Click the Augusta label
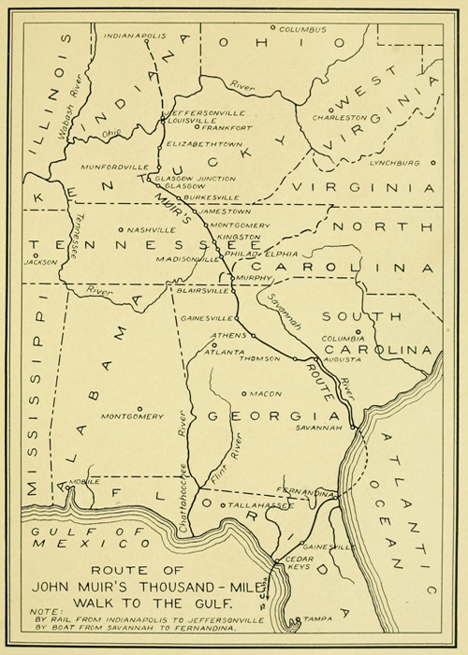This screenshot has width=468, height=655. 340,358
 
